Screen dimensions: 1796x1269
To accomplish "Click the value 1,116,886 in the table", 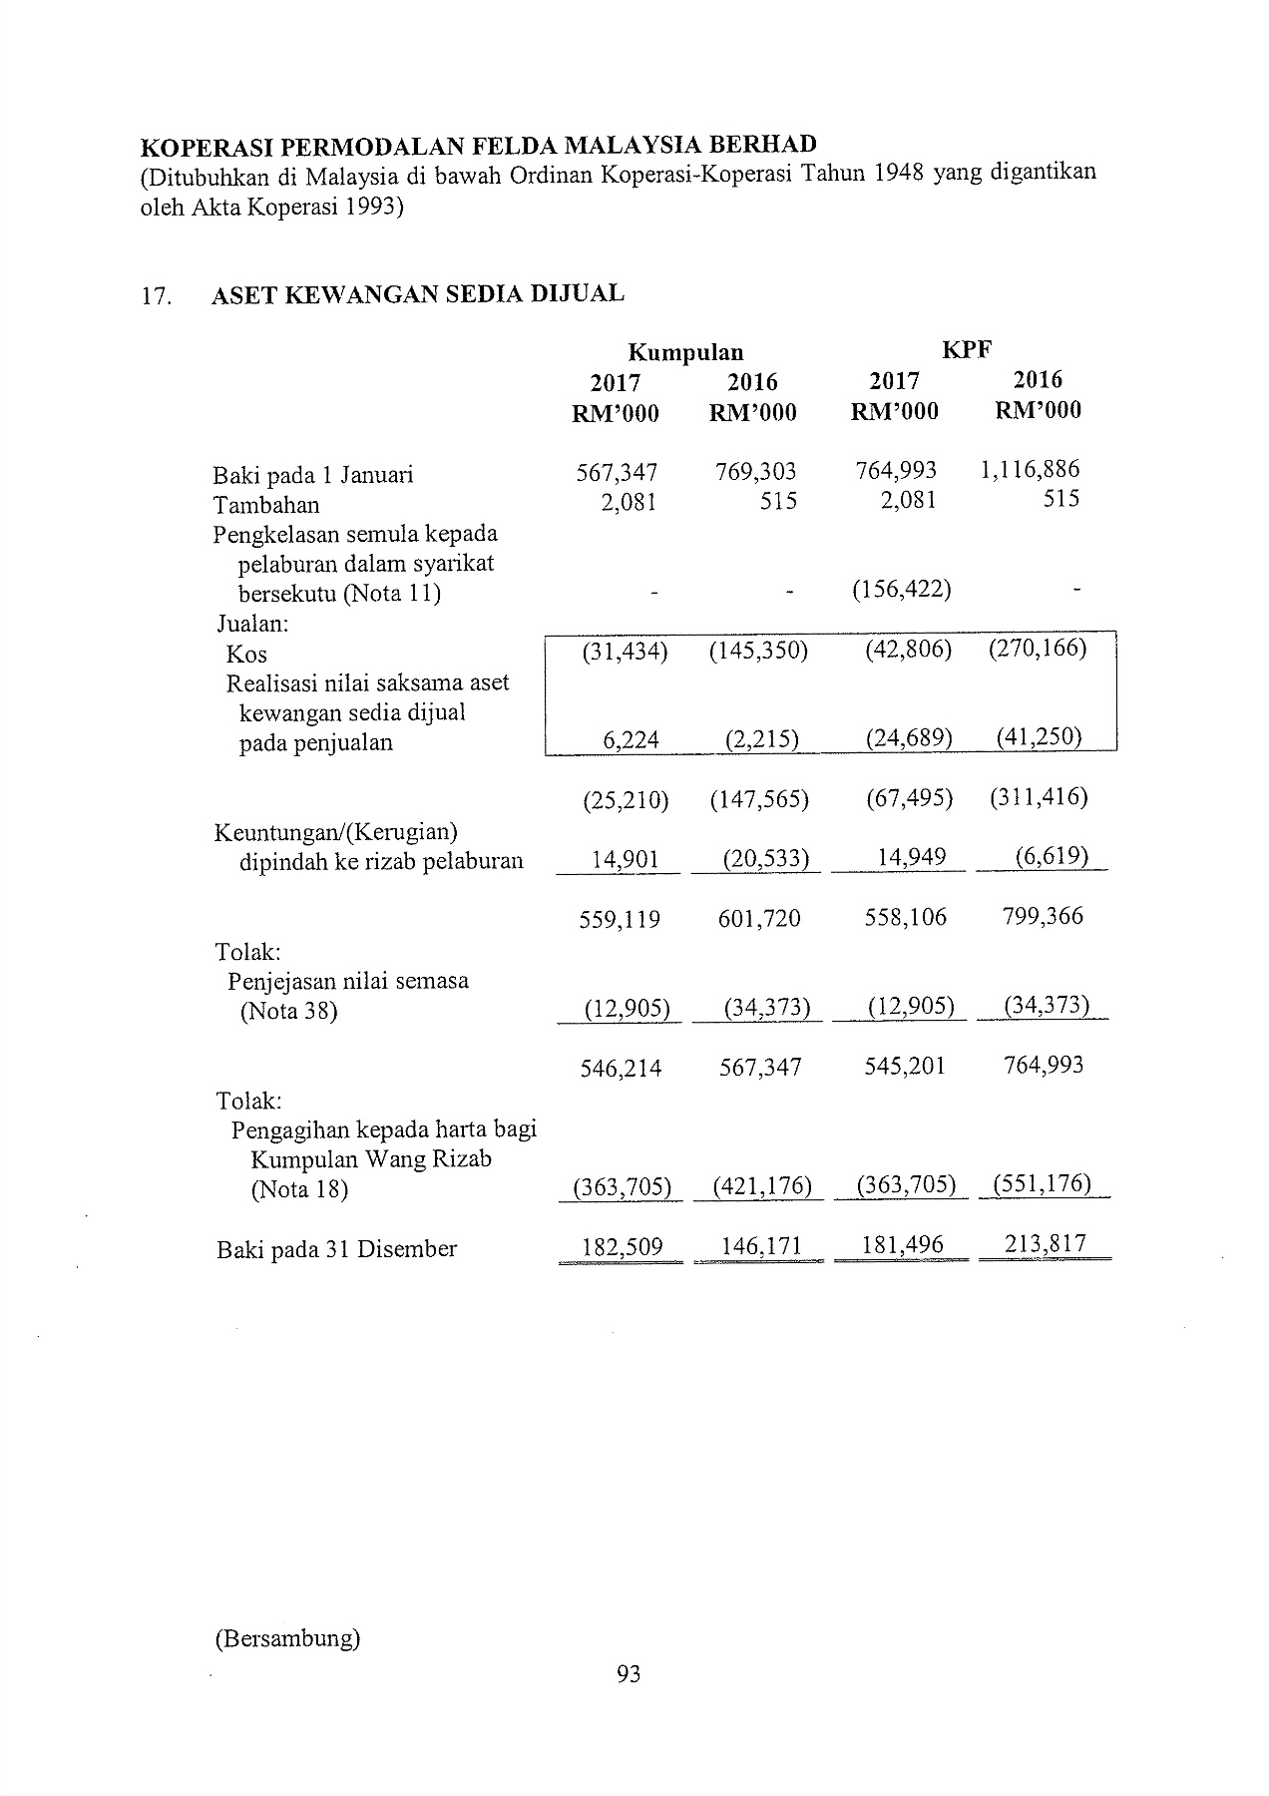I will (x=1030, y=469).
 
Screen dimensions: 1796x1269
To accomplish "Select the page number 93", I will (x=629, y=1673).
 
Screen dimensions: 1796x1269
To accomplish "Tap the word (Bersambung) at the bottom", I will (x=286, y=1638).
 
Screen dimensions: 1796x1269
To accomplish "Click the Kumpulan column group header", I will (x=685, y=352).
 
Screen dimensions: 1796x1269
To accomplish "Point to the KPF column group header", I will (x=967, y=348).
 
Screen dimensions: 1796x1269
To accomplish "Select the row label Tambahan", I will (x=266, y=505).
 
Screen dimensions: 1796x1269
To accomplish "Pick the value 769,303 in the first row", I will (x=755, y=471).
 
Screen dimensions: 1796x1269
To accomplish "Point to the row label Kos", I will (x=246, y=655).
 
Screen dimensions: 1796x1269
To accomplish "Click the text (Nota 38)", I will (x=288, y=1011).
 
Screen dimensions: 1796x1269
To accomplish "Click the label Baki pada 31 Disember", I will (x=336, y=1249).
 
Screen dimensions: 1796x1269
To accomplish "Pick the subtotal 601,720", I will (x=759, y=918).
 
